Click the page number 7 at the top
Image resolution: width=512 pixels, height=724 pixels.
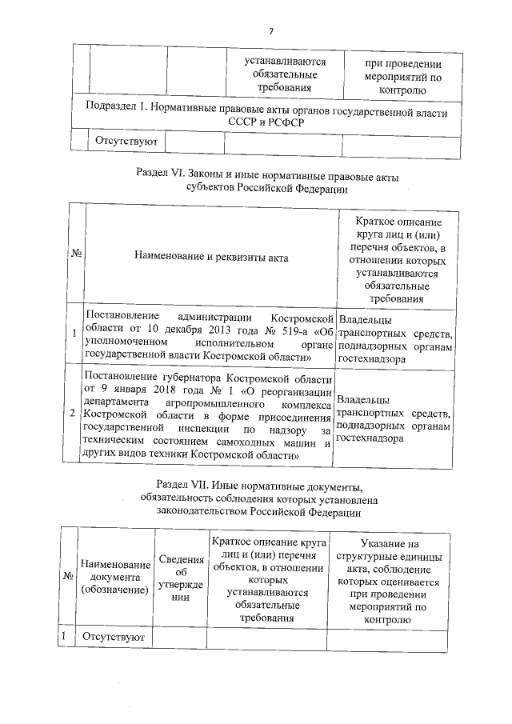pos(271,31)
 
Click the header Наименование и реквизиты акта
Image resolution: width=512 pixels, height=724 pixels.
pos(211,257)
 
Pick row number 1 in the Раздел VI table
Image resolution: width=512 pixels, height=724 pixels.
pos(74,334)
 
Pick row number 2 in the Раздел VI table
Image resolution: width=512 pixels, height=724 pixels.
pos(74,414)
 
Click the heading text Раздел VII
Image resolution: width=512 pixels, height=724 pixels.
pos(182,485)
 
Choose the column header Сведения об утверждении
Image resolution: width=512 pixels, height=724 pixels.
pos(179,578)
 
